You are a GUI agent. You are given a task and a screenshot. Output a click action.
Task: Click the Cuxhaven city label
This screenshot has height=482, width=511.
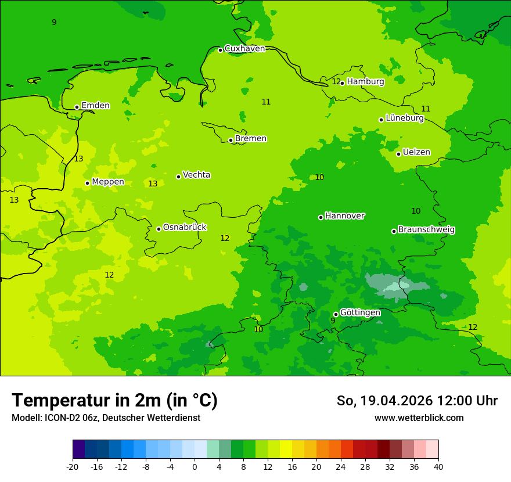point(244,49)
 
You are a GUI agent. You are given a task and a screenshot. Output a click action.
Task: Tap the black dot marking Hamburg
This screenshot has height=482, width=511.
point(342,83)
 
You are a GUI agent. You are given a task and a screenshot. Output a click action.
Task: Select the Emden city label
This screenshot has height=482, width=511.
point(95,106)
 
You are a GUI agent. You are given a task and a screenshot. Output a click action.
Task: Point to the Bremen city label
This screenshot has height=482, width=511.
point(251,139)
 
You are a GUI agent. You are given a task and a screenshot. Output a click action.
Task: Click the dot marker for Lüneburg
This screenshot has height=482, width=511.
point(381,120)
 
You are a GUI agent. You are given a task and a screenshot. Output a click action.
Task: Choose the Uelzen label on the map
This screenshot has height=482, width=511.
point(416,152)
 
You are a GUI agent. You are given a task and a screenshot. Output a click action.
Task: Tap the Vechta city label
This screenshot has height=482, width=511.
point(196,175)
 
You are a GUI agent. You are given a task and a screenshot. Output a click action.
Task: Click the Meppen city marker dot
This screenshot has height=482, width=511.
point(87,183)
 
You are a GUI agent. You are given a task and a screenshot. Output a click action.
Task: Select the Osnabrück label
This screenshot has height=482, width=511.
point(185,227)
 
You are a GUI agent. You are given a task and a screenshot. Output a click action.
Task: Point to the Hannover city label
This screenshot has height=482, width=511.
point(344,216)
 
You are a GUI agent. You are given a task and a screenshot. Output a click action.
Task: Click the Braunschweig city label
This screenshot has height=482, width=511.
point(426,229)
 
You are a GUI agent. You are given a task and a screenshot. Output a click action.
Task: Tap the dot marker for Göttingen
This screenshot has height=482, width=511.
point(336,314)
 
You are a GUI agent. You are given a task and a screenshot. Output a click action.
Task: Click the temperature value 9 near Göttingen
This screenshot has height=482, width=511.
point(333,321)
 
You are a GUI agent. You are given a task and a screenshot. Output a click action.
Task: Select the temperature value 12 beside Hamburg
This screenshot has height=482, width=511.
point(336,81)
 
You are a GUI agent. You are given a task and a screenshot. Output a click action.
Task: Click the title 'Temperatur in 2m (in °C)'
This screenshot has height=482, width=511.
point(114,400)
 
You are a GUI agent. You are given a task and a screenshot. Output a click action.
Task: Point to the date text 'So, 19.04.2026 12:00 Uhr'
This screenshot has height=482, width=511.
point(417,401)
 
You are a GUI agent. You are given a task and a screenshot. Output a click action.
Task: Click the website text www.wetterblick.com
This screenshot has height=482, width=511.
point(419,418)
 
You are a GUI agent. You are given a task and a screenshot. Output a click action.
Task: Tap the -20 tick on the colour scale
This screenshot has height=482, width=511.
point(73,466)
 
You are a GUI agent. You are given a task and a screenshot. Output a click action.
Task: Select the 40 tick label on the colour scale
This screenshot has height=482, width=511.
point(438,466)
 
